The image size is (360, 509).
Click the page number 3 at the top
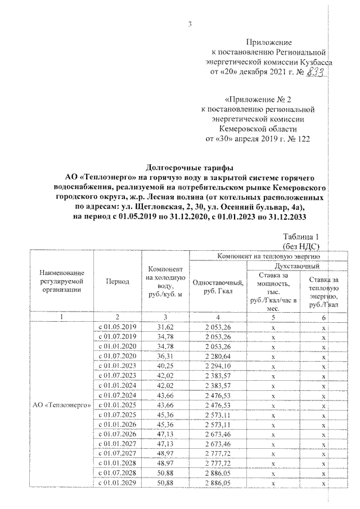(x=190, y=24)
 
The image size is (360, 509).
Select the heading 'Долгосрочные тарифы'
(x=181, y=168)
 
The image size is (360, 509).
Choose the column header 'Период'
(x=116, y=281)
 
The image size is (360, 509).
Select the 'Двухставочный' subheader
(x=296, y=265)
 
